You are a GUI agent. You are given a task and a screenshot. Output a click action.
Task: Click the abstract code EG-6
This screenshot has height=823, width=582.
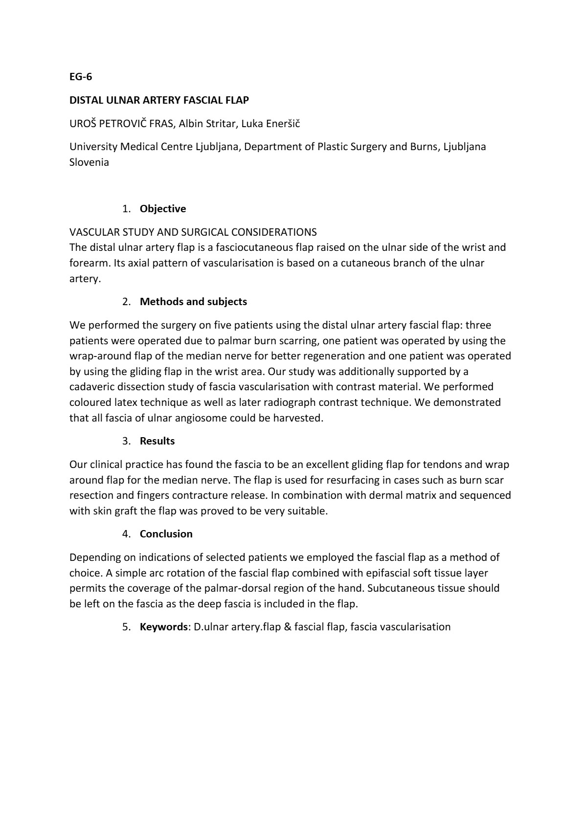coord(81,77)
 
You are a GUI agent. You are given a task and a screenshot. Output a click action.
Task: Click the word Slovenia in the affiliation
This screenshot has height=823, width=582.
coord(89,162)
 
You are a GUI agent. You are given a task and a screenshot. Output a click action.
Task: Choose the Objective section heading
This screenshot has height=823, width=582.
coord(163,209)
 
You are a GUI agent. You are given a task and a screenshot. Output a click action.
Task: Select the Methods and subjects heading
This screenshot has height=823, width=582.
coord(193,302)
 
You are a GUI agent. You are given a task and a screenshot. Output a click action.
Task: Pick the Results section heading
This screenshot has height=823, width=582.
coord(157,441)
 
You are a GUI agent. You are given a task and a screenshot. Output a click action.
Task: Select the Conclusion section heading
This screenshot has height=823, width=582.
coord(166,534)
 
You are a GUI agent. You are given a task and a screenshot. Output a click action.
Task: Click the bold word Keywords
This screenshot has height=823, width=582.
coord(163,627)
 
